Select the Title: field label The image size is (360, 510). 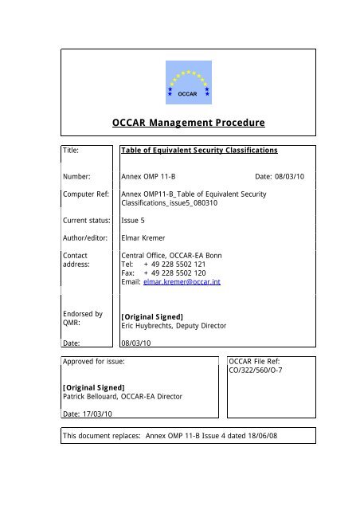[74, 149]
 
